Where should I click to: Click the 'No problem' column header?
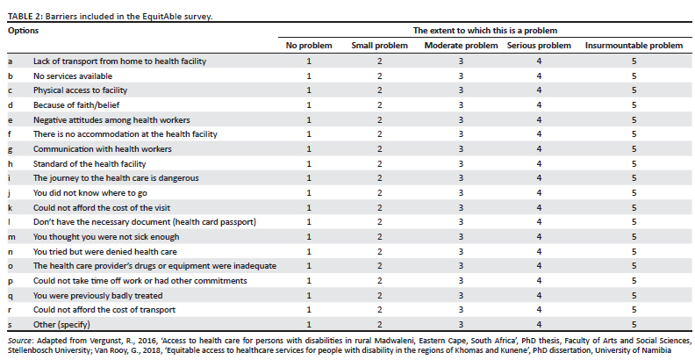(x=309, y=46)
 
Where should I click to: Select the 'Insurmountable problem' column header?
(x=634, y=46)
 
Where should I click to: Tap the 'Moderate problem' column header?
(x=461, y=46)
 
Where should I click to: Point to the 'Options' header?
(x=23, y=31)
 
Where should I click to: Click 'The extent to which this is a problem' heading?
(x=485, y=31)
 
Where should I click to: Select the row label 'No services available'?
(x=73, y=76)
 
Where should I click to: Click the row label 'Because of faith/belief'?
(x=76, y=105)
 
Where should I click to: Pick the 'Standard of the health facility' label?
(x=90, y=163)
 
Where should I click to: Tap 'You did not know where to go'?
(x=90, y=193)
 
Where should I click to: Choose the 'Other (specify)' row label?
(x=61, y=325)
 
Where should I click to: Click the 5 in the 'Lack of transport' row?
(x=634, y=61)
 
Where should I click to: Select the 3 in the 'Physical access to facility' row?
(x=461, y=90)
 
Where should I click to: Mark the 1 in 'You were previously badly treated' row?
(x=309, y=295)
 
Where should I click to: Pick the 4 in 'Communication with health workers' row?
(x=539, y=149)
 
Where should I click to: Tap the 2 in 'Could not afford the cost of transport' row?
(x=379, y=310)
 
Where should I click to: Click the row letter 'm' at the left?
(x=11, y=237)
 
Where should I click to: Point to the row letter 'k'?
(x=10, y=207)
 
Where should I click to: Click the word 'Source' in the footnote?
(x=19, y=341)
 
